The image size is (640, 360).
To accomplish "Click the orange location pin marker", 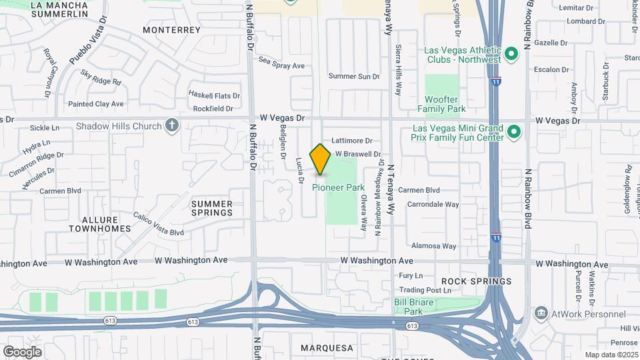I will (x=321, y=159).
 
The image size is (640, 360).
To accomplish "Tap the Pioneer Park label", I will (x=339, y=187).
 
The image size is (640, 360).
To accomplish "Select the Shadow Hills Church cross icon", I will (x=172, y=126).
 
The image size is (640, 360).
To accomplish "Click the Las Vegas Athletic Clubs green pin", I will (x=511, y=54).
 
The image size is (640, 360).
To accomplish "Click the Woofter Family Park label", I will (x=441, y=103).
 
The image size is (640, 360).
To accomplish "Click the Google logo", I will (x=22, y=351).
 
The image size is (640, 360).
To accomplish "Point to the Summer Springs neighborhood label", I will (x=212, y=208).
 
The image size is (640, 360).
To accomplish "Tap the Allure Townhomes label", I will (x=100, y=224).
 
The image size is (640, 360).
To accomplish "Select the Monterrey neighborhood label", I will (x=171, y=30).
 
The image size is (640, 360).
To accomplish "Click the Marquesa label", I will (x=327, y=348).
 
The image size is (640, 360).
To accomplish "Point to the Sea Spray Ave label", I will (x=281, y=65).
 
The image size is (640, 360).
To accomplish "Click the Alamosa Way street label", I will (x=433, y=246).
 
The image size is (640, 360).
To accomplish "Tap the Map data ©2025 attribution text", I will (x=611, y=355).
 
